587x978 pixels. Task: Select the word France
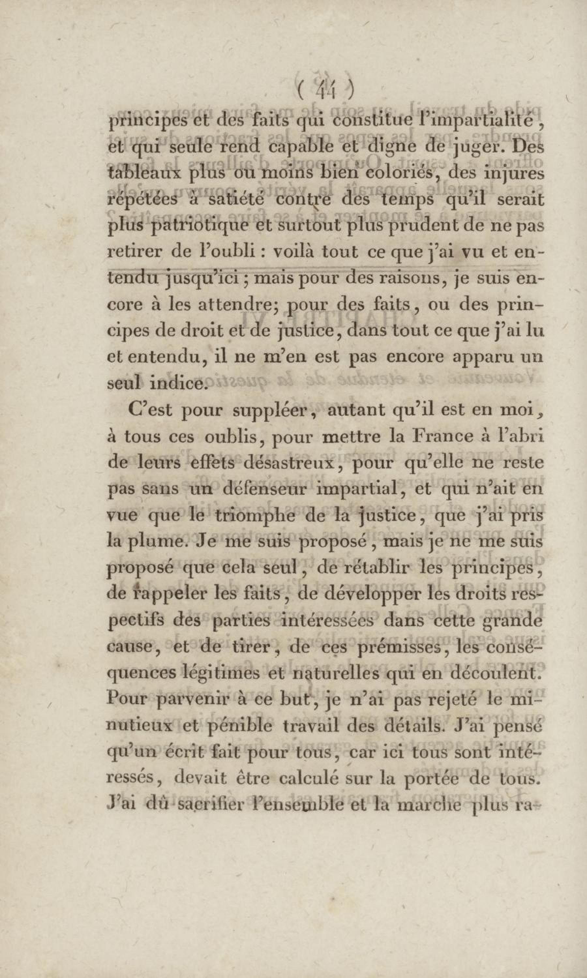pyautogui.click(x=429, y=436)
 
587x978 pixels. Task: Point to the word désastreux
pyautogui.click(x=291, y=463)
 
